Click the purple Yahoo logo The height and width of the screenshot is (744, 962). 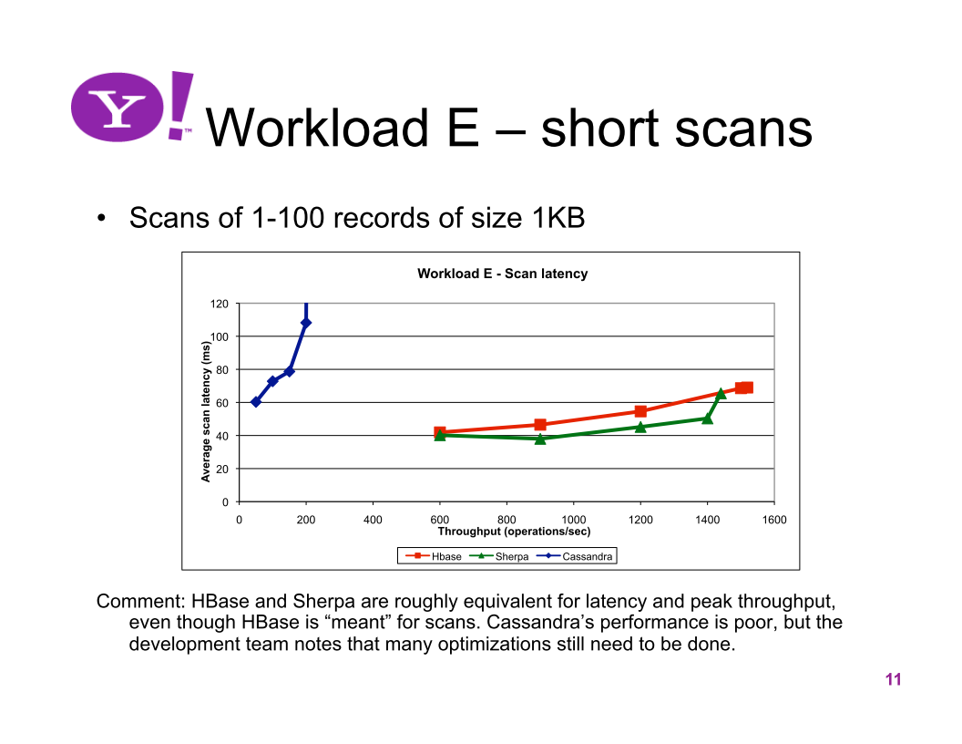[x=132, y=107]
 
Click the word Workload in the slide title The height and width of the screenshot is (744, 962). [x=317, y=128]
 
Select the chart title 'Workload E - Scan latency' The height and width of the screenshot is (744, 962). [x=503, y=274]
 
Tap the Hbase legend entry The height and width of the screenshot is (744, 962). [x=433, y=556]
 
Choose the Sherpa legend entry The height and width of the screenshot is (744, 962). [x=499, y=556]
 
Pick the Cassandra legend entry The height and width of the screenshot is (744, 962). [x=575, y=556]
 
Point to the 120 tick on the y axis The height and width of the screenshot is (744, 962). [x=219, y=304]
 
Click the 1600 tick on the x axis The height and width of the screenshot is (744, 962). [x=774, y=520]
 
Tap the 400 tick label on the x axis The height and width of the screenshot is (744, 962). [x=373, y=520]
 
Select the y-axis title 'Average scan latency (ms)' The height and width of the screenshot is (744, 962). [x=206, y=411]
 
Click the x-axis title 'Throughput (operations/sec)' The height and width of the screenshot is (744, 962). [x=514, y=532]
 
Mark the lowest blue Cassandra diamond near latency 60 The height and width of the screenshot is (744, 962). [x=256, y=402]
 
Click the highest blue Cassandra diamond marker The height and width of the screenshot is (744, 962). [x=305, y=323]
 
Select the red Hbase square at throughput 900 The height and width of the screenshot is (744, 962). [x=540, y=425]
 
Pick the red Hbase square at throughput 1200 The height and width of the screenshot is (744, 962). [x=640, y=411]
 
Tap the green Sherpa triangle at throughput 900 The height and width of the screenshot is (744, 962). [x=540, y=439]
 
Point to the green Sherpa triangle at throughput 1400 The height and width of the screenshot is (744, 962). [x=707, y=418]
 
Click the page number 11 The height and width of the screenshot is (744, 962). [x=894, y=679]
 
